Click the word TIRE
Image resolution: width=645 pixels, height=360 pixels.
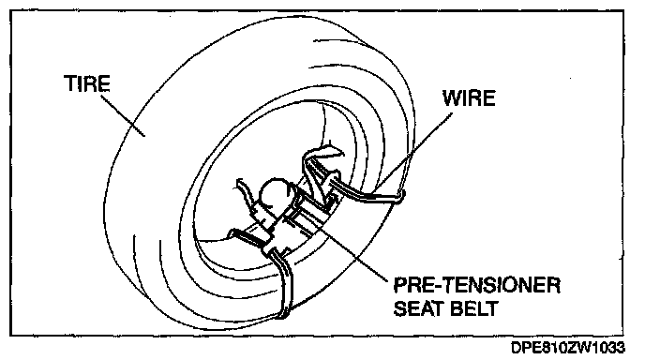[87, 83]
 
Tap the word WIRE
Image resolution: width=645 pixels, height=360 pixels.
[469, 98]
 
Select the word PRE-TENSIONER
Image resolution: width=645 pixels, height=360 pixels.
[477, 286]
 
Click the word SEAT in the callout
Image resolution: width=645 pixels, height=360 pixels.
[420, 308]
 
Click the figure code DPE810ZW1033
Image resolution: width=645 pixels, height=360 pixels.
[568, 348]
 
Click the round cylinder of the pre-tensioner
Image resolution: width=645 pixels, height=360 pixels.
[275, 192]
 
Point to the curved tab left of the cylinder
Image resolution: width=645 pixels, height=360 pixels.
[245, 192]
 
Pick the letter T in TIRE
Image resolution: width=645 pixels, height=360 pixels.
[70, 83]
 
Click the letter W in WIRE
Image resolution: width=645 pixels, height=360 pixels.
[451, 98]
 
